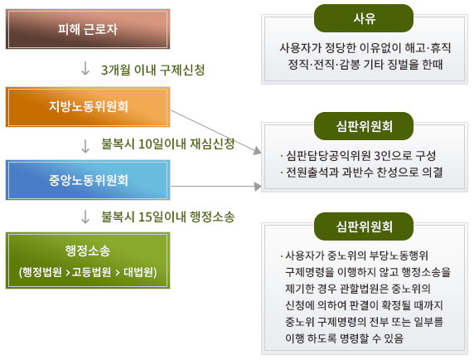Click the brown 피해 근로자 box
click(x=88, y=29)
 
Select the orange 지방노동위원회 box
click(x=88, y=107)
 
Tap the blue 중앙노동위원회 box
click(x=88, y=180)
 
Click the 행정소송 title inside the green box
click(x=88, y=251)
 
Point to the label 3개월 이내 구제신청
click(x=153, y=70)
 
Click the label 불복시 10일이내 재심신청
click(x=167, y=144)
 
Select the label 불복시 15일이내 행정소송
click(x=167, y=216)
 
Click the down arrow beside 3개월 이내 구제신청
click(x=85, y=68)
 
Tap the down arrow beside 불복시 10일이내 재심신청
click(x=85, y=146)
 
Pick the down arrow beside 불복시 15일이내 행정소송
click(x=85, y=216)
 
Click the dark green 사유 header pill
click(x=364, y=18)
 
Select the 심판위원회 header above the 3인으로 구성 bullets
click(x=364, y=126)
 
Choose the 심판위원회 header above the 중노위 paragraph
click(x=364, y=226)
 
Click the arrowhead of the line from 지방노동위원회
click(x=257, y=150)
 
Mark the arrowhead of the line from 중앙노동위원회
click(x=258, y=187)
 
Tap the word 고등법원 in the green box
click(x=91, y=272)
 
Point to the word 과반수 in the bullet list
click(x=358, y=173)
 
